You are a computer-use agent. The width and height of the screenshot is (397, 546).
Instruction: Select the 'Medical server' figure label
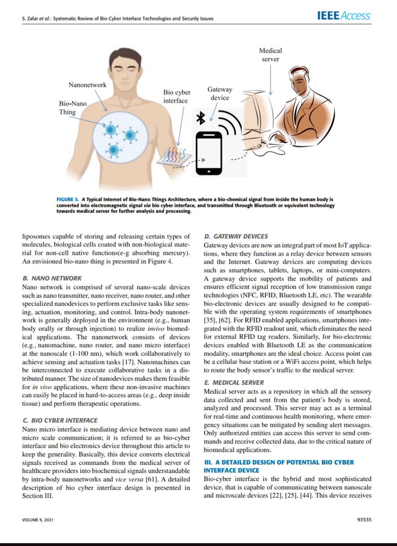(x=270, y=55)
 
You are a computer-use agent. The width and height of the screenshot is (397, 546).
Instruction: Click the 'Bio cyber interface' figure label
(x=175, y=96)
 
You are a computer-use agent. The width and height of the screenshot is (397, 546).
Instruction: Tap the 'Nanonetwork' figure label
(x=87, y=85)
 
